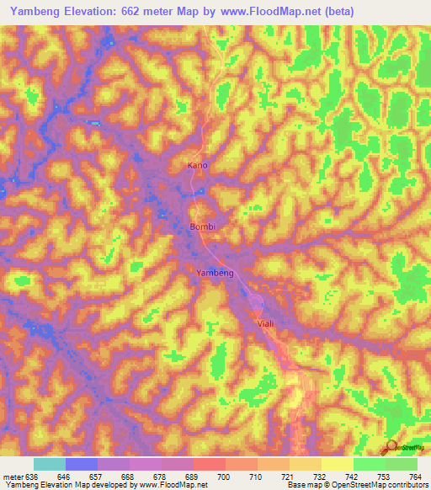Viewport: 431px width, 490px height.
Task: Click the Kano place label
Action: tap(196, 166)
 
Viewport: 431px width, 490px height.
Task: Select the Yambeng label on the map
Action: tap(215, 274)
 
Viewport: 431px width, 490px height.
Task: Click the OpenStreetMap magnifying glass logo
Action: tap(391, 447)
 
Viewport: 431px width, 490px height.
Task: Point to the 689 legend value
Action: tap(193, 476)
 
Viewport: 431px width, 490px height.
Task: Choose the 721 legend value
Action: tap(288, 476)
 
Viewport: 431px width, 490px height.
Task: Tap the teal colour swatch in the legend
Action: tap(50, 464)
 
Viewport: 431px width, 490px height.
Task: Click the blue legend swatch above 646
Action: tap(82, 464)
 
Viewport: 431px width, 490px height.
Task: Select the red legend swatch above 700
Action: tap(210, 464)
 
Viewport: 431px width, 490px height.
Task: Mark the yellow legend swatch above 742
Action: tap(337, 464)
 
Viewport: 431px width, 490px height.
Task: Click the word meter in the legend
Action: tap(13, 476)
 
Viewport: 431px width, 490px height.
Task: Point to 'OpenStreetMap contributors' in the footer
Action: tap(384, 485)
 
